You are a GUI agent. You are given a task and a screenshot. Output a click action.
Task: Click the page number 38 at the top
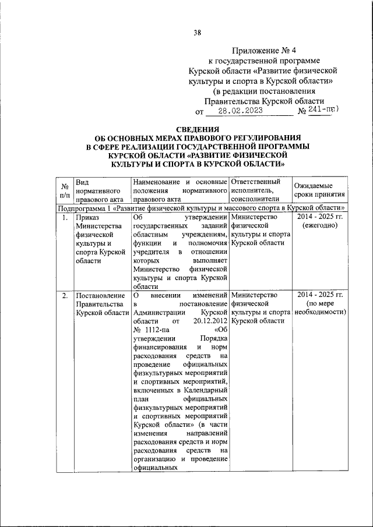[x=197, y=33]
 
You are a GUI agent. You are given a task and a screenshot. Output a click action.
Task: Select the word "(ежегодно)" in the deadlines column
[x=319, y=227]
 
